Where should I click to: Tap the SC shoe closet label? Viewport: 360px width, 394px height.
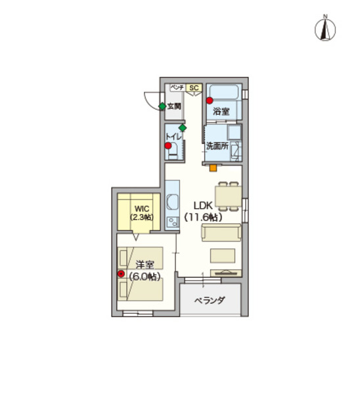[194, 88]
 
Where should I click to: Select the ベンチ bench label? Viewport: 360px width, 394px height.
[177, 87]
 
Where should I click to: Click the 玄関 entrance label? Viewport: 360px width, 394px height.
[174, 106]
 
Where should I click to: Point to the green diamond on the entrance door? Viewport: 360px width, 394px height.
[162, 106]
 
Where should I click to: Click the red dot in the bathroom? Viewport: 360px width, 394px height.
[210, 100]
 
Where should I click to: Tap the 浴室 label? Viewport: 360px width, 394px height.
[221, 112]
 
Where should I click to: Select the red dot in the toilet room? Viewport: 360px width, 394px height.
[168, 146]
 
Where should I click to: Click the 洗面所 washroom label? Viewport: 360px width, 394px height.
[217, 146]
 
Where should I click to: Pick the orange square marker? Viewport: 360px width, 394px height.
[214, 168]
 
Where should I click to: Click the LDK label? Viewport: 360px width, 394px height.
[203, 206]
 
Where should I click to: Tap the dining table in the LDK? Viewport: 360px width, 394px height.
[228, 196]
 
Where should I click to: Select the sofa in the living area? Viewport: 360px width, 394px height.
[221, 232]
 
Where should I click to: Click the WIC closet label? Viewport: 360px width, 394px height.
[142, 209]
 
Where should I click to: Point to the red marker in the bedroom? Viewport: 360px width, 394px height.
[121, 274]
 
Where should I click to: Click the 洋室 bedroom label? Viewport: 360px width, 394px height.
[145, 265]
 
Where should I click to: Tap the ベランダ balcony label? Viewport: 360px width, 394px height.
[210, 300]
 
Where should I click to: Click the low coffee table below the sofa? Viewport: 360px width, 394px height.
[223, 256]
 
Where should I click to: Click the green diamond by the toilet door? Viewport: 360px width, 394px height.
[183, 128]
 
